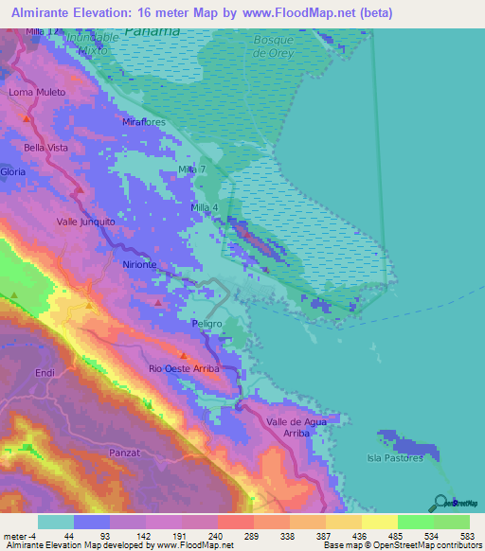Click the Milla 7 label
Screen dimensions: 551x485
point(193,169)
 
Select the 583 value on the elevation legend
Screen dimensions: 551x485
point(469,535)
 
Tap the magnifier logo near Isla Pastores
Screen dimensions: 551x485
point(440,504)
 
